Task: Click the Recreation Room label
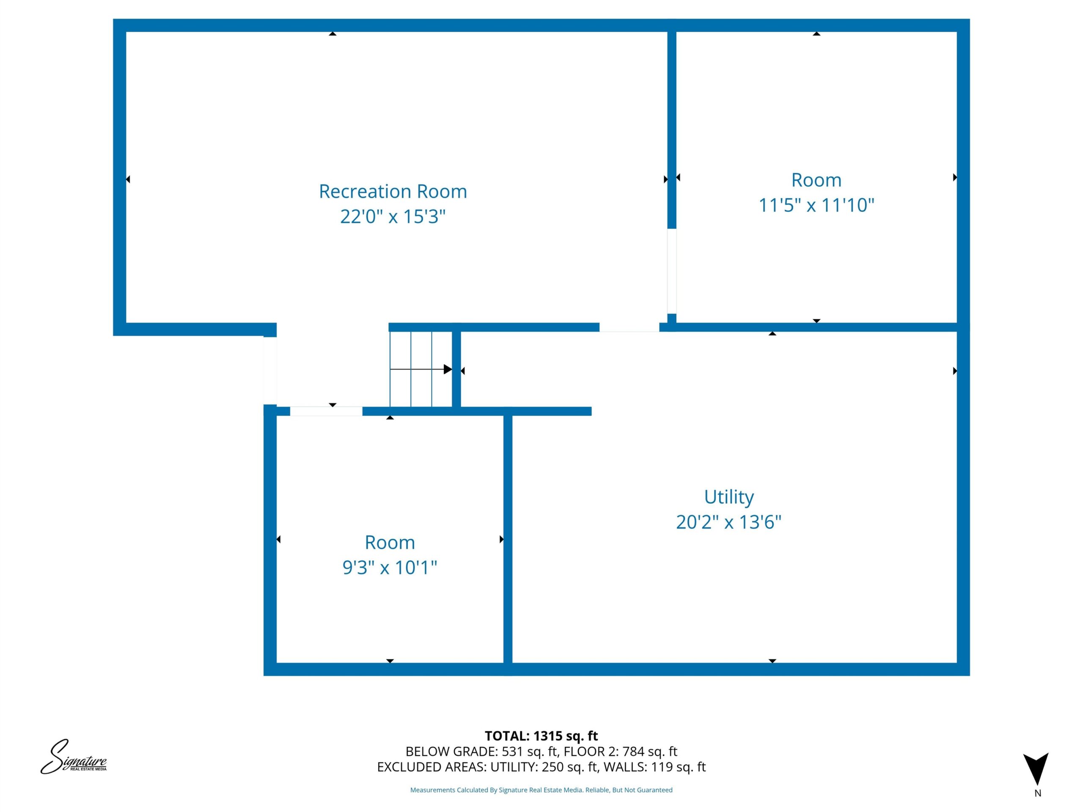[x=393, y=192]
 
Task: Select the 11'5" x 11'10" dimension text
[x=816, y=205]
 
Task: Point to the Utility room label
[x=728, y=497]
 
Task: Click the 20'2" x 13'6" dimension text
[x=728, y=522]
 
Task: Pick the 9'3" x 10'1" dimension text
[x=390, y=567]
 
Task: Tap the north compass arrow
[x=1036, y=768]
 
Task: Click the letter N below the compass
[x=1037, y=793]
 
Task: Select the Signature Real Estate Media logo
[x=74, y=757]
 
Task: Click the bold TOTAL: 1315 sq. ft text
[x=541, y=735]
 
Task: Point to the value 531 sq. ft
[x=530, y=751]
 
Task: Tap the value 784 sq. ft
[x=650, y=751]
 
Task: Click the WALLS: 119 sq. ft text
[x=654, y=767]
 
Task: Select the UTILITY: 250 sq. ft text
[x=544, y=767]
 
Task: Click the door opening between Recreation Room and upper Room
[x=672, y=271]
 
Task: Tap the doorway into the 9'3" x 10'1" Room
[x=326, y=411]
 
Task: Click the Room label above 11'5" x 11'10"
[x=816, y=180]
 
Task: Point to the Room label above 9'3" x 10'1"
[x=390, y=542]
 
